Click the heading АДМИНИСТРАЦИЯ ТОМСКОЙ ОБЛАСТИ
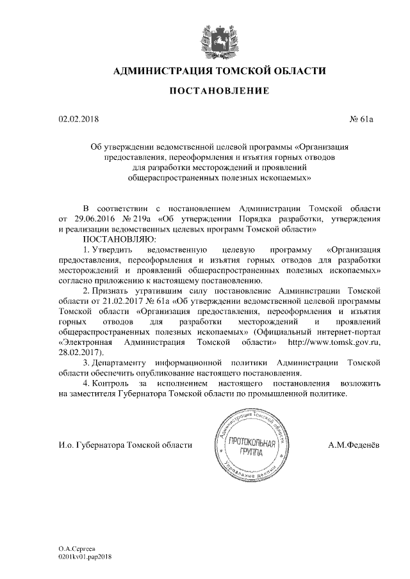click(215, 71)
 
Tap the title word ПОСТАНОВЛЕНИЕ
click(215, 93)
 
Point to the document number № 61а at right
click(362, 118)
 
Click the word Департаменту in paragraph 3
click(123, 363)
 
